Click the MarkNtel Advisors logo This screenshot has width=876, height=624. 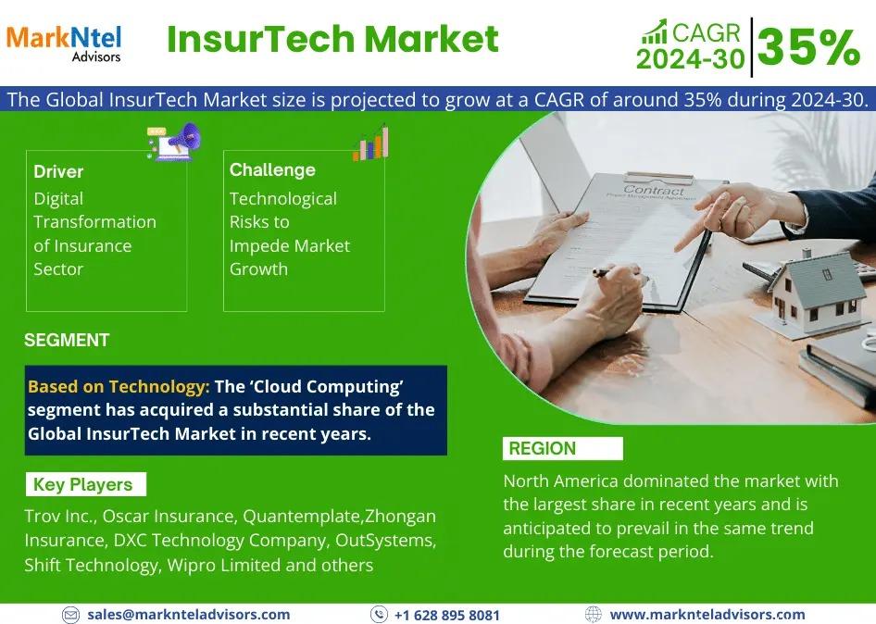(64, 43)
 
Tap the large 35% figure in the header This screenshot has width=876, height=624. (809, 47)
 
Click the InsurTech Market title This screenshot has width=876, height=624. (332, 39)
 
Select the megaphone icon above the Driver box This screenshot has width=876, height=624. (174, 142)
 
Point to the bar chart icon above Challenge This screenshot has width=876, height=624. (371, 144)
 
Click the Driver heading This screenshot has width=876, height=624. (58, 171)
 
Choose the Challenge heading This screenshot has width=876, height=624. (272, 169)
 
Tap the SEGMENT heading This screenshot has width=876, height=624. (67, 340)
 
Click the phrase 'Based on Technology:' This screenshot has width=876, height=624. (119, 387)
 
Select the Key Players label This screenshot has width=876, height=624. (82, 484)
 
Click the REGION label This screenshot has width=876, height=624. (542, 448)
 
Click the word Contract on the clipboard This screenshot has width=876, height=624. (653, 190)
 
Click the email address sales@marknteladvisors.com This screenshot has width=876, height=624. (188, 615)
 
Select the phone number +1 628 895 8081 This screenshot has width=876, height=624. (447, 615)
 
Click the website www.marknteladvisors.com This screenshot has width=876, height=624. (707, 615)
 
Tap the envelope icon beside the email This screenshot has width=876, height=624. (70, 615)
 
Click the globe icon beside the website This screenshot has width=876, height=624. (593, 615)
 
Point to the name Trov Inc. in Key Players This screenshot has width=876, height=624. (60, 517)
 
